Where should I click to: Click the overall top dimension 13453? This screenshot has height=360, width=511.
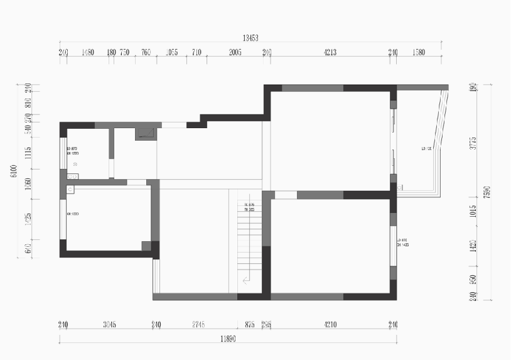(250, 38)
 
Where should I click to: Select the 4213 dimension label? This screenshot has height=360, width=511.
(330, 53)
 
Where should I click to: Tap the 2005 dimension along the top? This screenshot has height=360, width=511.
(235, 53)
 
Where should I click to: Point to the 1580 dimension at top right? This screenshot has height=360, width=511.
(419, 53)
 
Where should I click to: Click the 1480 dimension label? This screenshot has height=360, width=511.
(88, 53)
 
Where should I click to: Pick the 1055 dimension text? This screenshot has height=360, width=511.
(172, 53)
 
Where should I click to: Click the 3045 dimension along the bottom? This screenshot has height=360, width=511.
(109, 325)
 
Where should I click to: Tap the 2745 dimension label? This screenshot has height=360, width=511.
(199, 325)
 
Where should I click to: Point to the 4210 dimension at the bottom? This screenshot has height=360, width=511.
(330, 325)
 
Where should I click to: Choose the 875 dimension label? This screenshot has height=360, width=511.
(250, 325)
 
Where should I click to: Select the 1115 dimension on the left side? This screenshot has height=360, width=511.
(28, 153)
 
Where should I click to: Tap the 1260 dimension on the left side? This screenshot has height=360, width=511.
(28, 185)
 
